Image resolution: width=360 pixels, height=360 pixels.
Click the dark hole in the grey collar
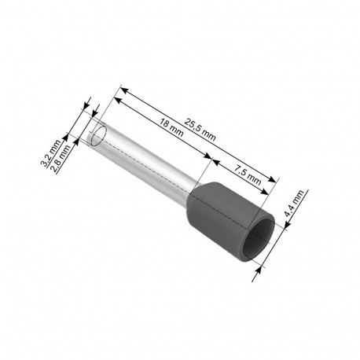258,237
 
